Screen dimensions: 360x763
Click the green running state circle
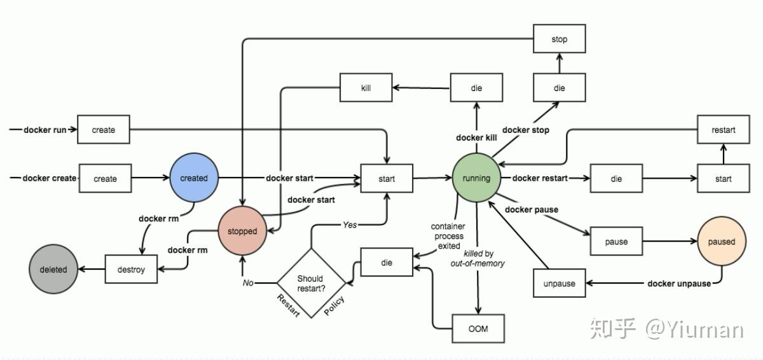pyautogui.click(x=476, y=178)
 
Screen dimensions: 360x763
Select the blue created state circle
pyautogui.click(x=194, y=178)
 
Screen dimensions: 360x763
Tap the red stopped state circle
pyautogui.click(x=242, y=232)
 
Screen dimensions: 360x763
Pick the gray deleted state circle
pyautogui.click(x=53, y=269)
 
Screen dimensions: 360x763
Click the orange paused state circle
pyautogui.click(x=721, y=242)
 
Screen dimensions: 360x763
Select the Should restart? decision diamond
pyautogui.click(x=310, y=283)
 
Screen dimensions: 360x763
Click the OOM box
pyautogui.click(x=478, y=329)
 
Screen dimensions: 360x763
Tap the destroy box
pyautogui.click(x=131, y=269)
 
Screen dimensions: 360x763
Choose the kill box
pyautogui.click(x=366, y=88)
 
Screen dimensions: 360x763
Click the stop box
pyautogui.click(x=559, y=39)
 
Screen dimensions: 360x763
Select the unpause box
pyautogui.click(x=559, y=284)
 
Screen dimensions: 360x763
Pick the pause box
pyautogui.click(x=615, y=242)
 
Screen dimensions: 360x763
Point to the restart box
pyautogui.click(x=724, y=130)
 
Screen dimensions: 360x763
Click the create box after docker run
pyautogui.click(x=104, y=130)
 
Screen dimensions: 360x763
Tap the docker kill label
pyautogui.click(x=476, y=138)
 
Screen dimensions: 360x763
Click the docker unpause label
pyautogui.click(x=679, y=284)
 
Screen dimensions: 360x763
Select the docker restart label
pyautogui.click(x=540, y=178)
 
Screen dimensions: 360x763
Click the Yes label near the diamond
pyautogui.click(x=350, y=225)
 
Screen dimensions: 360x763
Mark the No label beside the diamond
pyautogui.click(x=248, y=282)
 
